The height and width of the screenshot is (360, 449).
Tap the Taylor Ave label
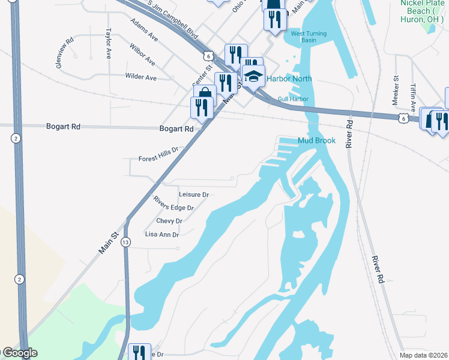click(109, 43)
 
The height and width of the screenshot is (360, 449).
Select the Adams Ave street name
click(144, 29)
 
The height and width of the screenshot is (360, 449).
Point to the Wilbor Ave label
click(142, 55)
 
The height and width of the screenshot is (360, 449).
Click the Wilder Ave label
click(140, 77)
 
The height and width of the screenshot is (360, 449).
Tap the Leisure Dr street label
click(193, 195)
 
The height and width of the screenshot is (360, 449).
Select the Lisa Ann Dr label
click(162, 235)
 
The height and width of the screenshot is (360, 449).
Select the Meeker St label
click(396, 86)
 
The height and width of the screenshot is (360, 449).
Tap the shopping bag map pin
click(205, 95)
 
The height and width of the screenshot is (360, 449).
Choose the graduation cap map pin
click(253, 76)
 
